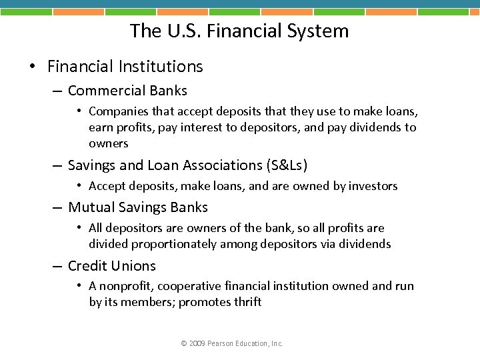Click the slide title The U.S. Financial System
(239, 31)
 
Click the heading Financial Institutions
(125, 66)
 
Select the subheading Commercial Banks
(127, 91)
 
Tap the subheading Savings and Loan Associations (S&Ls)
(187, 165)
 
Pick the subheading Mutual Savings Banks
(138, 207)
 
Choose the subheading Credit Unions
(111, 266)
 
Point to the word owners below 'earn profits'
(108, 143)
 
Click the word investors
(371, 186)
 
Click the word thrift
(248, 302)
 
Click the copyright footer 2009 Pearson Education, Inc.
(231, 343)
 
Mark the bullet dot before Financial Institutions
(32, 67)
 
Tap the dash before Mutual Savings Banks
(57, 208)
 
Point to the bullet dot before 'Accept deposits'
(79, 186)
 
